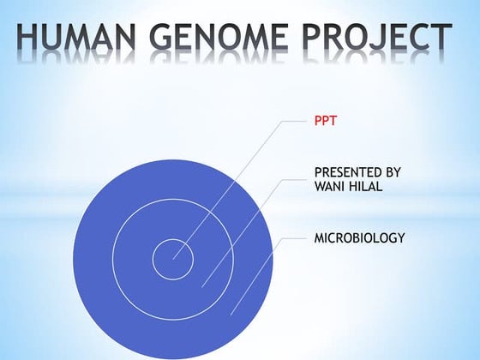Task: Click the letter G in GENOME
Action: (168, 38)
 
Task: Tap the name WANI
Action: (331, 187)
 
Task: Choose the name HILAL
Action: (368, 187)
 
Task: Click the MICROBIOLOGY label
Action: (359, 237)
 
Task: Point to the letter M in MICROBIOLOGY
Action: (321, 237)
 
